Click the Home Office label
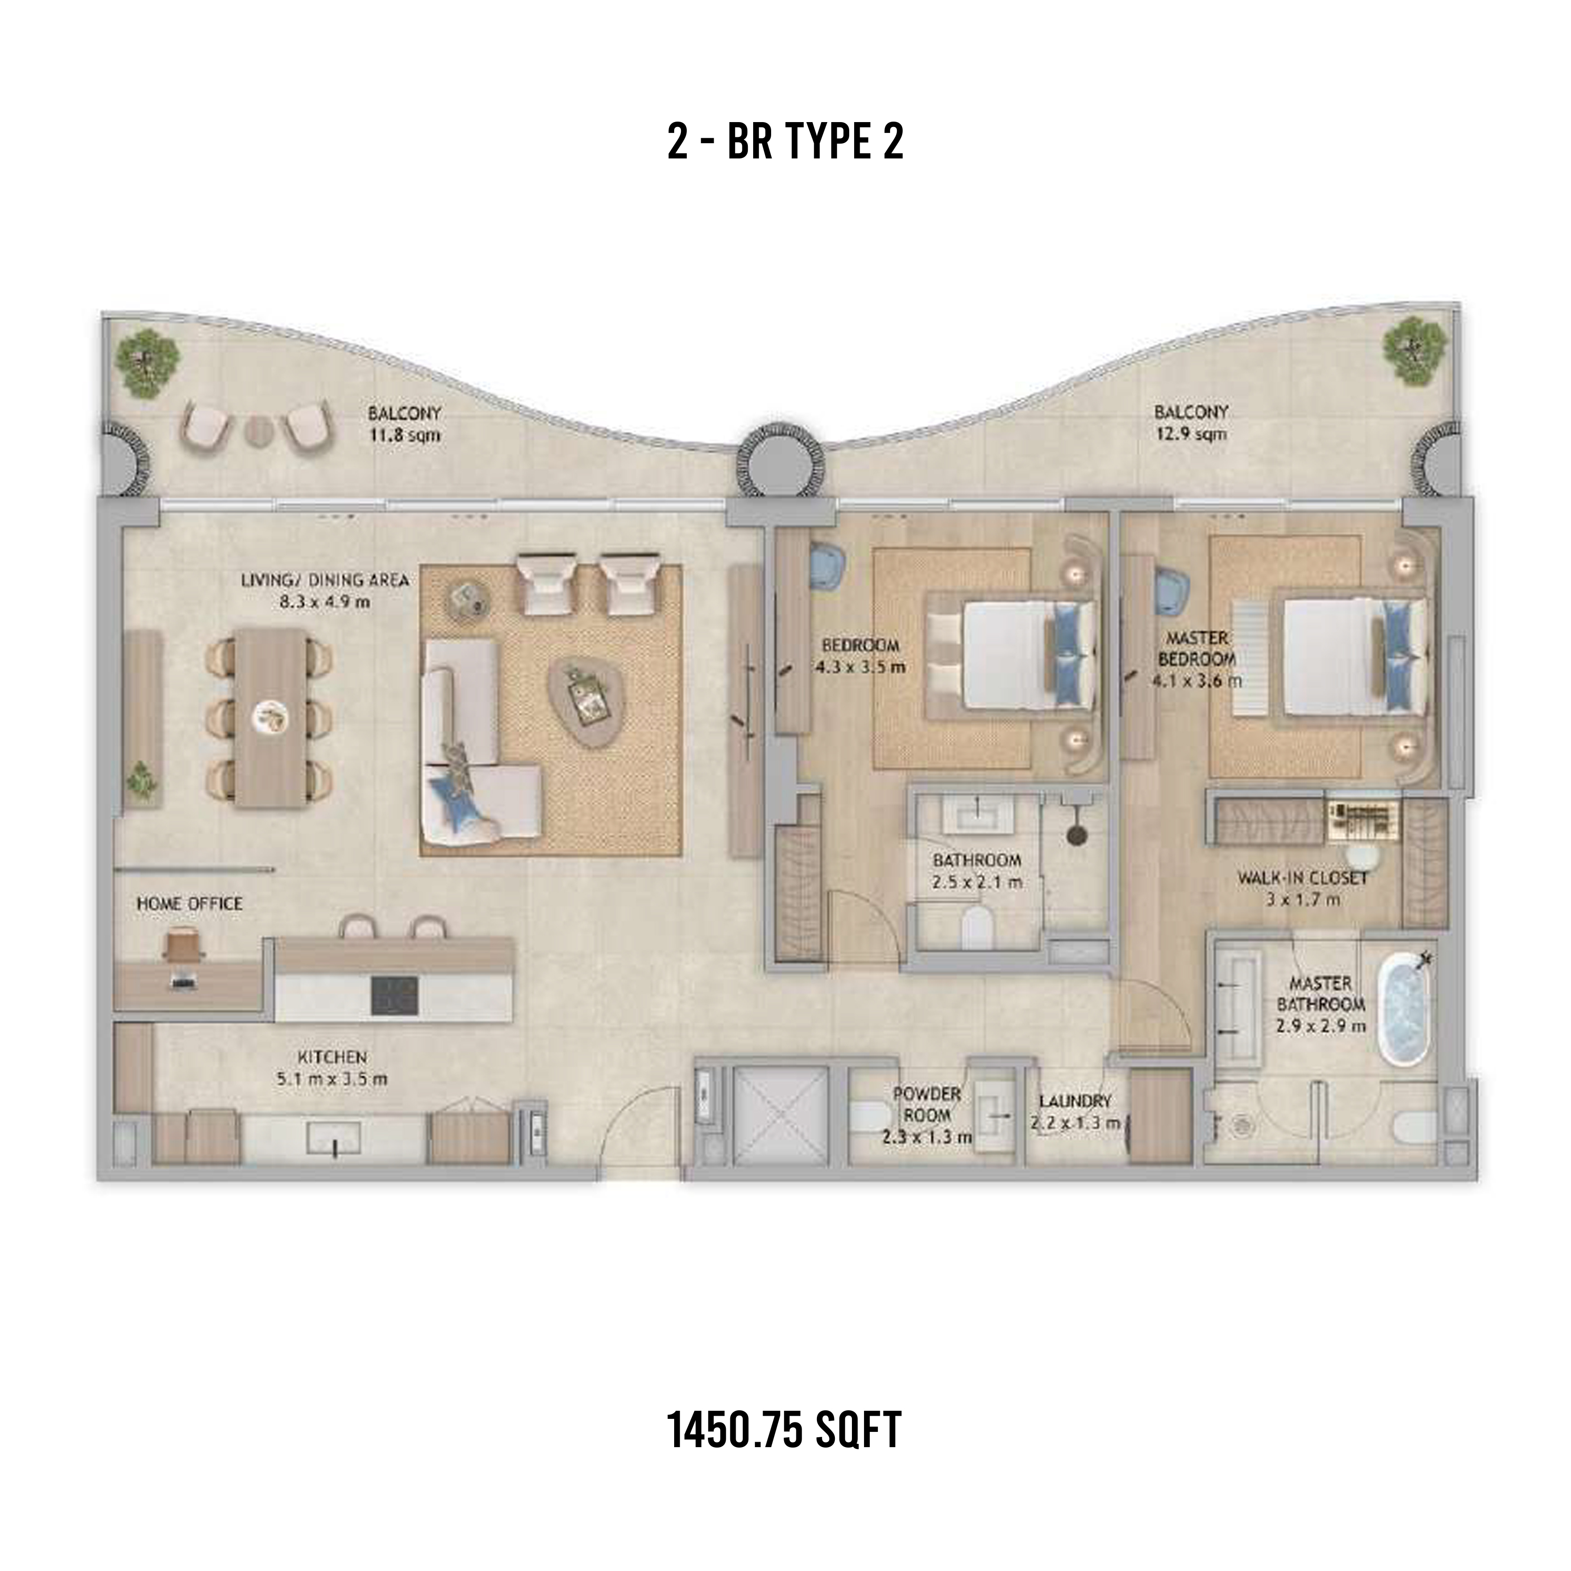189,904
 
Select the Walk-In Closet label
1302,889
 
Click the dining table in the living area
272,717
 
